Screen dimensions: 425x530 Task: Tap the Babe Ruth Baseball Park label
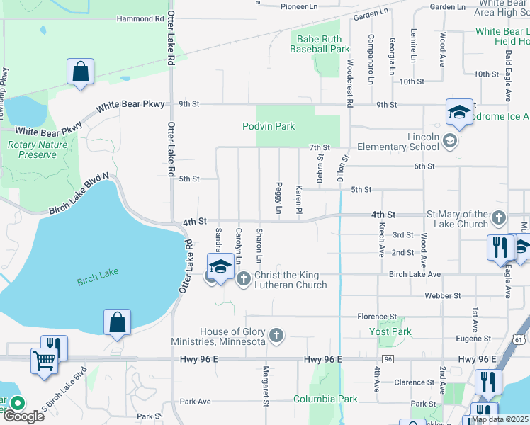[320, 44]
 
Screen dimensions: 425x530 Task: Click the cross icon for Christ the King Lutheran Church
[244, 278]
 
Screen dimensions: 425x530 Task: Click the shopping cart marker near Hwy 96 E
[43, 361]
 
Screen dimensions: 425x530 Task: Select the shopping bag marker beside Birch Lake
[117, 322]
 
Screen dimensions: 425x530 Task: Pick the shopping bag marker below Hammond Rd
[80, 72]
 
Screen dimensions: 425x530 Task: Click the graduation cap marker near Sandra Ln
[220, 267]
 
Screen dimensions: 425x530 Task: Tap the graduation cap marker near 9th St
[459, 112]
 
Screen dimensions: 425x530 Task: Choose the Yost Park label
[390, 331]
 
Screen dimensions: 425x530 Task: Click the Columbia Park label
[326, 399]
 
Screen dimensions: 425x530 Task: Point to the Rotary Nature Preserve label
[32, 149]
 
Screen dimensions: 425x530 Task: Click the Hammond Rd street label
[140, 18]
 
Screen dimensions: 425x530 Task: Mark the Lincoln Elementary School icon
[449, 142]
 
